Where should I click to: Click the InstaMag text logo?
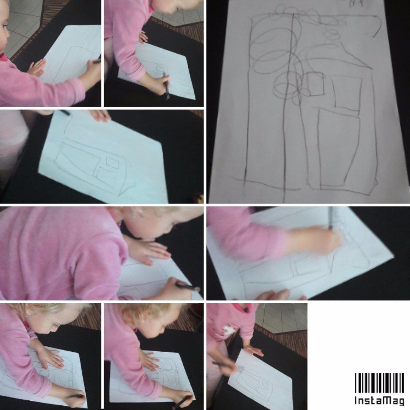pyautogui.click(x=379, y=400)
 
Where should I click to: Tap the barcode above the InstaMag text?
pyautogui.click(x=379, y=383)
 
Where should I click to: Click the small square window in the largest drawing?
pyautogui.click(x=316, y=84)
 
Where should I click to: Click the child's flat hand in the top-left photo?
pyautogui.click(x=37, y=67)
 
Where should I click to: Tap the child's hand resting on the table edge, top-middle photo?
pyautogui.click(x=143, y=37)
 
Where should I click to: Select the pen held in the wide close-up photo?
pyautogui.click(x=188, y=286)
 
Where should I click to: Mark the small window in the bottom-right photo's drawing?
pyautogui.click(x=266, y=385)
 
